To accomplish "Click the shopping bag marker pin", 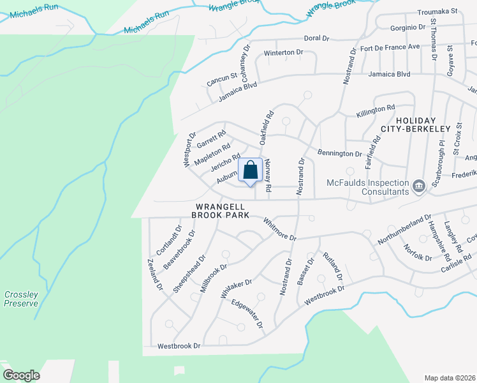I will [x=250, y=171].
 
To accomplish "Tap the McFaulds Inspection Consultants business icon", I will [x=418, y=186].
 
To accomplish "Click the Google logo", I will [x=21, y=375].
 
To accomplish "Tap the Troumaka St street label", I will [x=437, y=11].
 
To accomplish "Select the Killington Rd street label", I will [x=376, y=109].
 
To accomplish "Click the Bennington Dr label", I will [x=339, y=153].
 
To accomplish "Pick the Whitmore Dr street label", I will [x=280, y=229].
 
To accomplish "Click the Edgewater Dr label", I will [x=247, y=314].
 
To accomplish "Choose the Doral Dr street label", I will [x=316, y=38].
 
